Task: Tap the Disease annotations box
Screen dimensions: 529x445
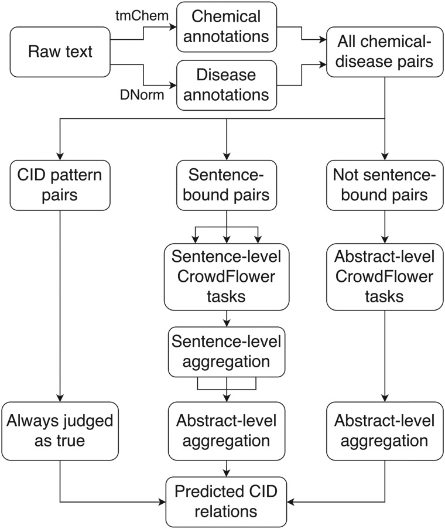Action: coord(227,86)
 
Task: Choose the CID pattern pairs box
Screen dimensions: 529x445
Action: coord(60,183)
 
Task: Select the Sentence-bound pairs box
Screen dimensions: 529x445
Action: coord(227,183)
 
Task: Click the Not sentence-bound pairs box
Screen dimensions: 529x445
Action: coord(384,183)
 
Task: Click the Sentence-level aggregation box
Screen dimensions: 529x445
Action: coord(227,351)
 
